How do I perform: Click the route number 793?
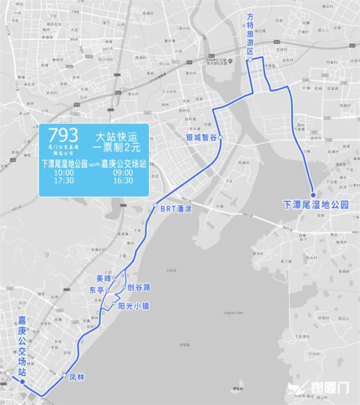click(63, 135)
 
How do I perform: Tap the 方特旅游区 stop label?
click(250, 34)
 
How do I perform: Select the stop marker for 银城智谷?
click(221, 137)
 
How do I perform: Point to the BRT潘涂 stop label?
click(176, 208)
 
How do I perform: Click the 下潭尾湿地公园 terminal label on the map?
click(316, 205)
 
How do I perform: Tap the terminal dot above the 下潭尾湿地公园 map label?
click(312, 195)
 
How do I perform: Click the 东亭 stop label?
click(96, 290)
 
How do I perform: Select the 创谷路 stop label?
click(138, 286)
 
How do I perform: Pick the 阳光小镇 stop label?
click(133, 306)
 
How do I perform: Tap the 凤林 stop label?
click(77, 378)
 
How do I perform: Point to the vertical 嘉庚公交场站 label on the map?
click(22, 346)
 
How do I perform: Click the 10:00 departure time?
click(64, 173)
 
